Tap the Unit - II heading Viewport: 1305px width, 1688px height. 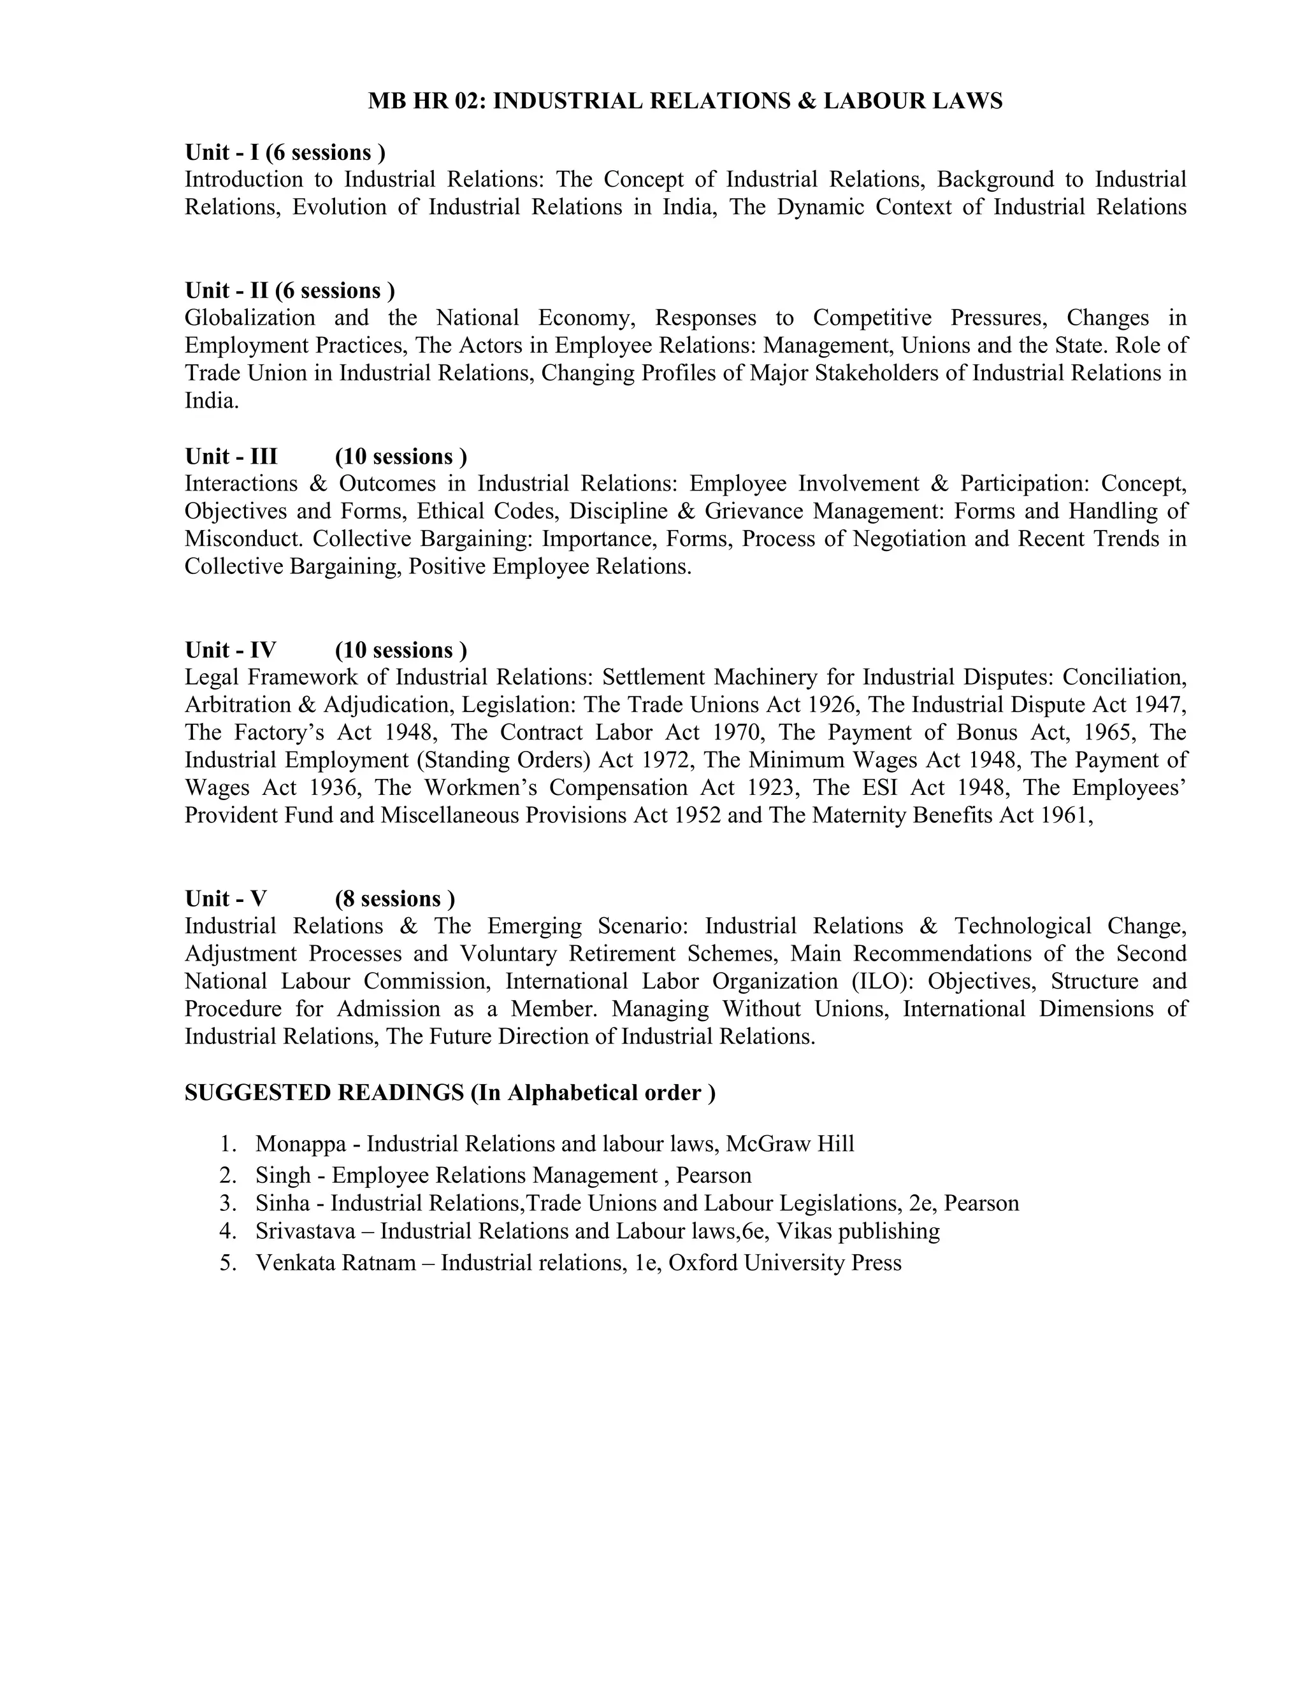point(226,290)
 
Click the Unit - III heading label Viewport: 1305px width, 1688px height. point(231,456)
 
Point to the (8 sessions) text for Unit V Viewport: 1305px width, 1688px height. point(394,899)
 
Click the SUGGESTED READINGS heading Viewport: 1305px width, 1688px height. point(324,1093)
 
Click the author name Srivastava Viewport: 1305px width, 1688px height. point(305,1231)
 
